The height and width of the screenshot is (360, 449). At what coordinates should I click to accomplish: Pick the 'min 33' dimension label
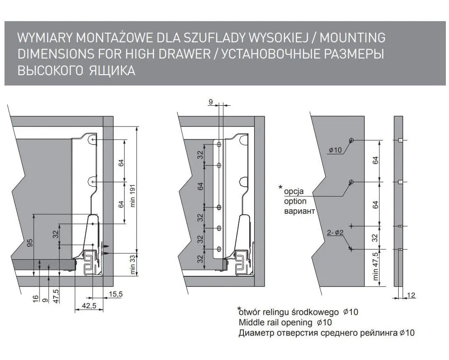(132, 265)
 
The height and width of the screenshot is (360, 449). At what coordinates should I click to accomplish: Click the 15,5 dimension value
(116, 294)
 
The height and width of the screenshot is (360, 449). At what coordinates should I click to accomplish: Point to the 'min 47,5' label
(376, 266)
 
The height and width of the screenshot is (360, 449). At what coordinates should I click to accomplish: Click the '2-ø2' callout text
(335, 233)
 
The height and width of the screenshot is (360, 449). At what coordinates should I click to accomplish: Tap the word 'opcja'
(295, 192)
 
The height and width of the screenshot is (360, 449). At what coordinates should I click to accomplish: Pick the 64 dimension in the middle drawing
(201, 185)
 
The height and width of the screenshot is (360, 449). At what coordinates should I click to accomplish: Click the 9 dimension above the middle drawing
(211, 103)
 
